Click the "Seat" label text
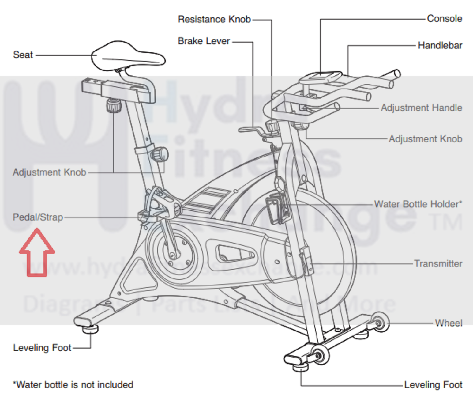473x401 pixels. point(23,55)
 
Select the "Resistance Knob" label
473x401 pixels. point(214,19)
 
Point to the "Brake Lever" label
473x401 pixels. point(204,41)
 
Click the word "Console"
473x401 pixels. point(445,18)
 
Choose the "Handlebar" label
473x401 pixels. point(440,45)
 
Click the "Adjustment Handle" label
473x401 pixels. point(421,108)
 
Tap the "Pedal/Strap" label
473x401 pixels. point(38,218)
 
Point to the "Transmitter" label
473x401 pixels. point(438,264)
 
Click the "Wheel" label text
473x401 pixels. point(449,323)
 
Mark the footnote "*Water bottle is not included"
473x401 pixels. point(73,385)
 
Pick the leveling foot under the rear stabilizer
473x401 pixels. point(90,329)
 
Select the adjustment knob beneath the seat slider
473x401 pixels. point(114,106)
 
